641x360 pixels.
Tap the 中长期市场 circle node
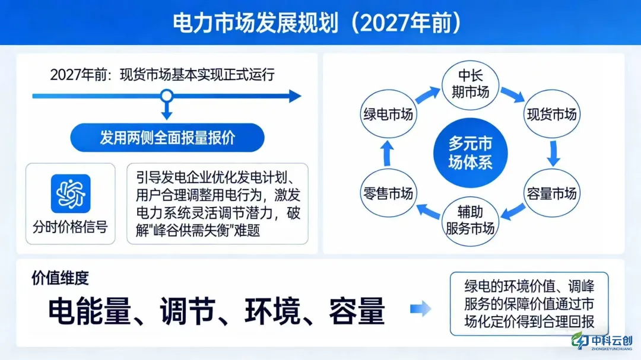coord(473,85)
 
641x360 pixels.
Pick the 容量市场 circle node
coord(551,193)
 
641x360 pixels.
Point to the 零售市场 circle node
coord(388,193)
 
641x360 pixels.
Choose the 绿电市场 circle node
coord(388,114)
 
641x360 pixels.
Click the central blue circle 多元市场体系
coord(470,154)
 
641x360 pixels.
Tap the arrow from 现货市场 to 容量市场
coord(554,154)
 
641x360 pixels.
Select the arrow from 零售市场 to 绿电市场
coord(387,154)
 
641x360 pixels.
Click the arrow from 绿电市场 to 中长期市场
coord(426,94)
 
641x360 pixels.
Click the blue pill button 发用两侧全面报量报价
coord(167,138)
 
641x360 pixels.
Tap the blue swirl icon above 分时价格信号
coord(71,193)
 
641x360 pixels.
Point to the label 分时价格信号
coord(71,227)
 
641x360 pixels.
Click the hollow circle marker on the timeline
coord(167,95)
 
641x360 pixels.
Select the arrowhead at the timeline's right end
coord(295,95)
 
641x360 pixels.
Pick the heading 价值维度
coord(61,278)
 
